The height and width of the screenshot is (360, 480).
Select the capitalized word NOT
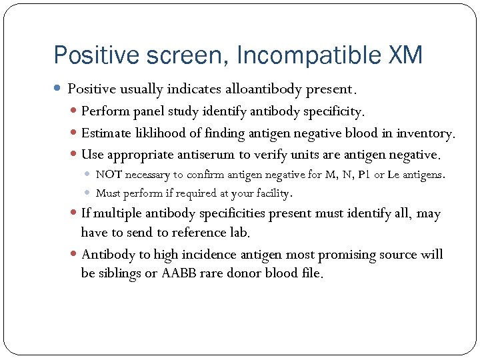coord(108,175)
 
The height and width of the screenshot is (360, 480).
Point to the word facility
coord(269,193)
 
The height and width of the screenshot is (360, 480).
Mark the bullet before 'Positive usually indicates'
coord(59,89)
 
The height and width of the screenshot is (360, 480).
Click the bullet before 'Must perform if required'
coord(88,193)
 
